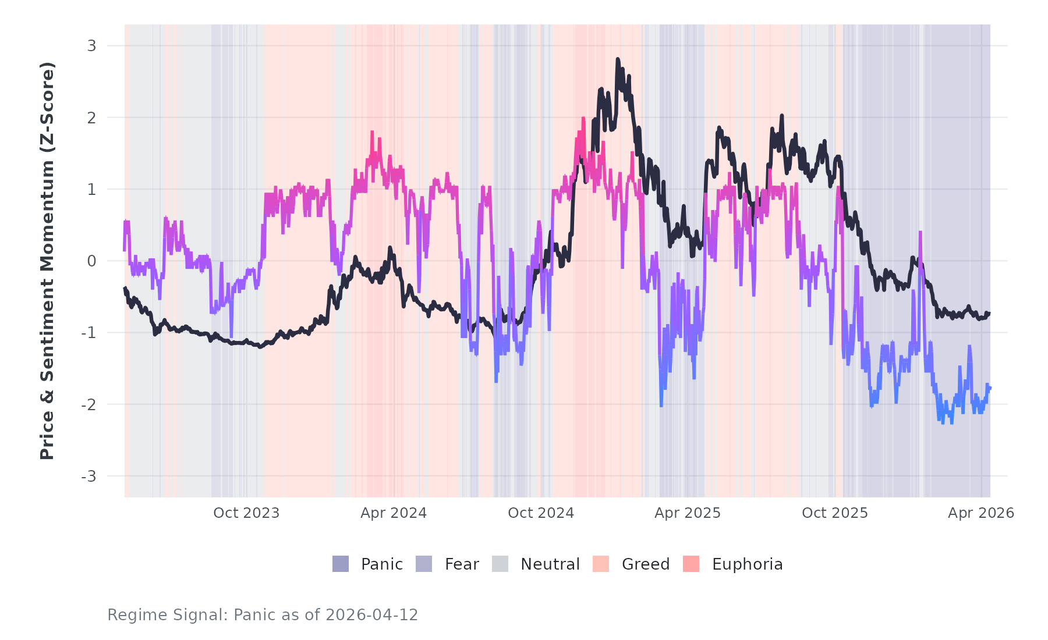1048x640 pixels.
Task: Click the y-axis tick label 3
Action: [x=91, y=46]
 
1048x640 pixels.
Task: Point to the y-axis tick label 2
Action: [x=91, y=118]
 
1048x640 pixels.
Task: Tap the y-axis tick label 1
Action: [x=91, y=190]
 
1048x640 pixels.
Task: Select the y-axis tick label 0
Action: [x=91, y=261]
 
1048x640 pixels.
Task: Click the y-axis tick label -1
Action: [x=88, y=333]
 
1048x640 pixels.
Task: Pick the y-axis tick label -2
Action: [x=88, y=405]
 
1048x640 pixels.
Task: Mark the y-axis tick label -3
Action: [x=88, y=477]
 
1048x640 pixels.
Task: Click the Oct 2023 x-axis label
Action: [x=246, y=513]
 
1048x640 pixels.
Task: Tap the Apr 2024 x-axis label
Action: [x=394, y=513]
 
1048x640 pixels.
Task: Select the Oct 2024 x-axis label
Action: [x=541, y=513]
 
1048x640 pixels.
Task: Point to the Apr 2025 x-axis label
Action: [x=688, y=513]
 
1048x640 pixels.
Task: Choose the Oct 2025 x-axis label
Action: [x=835, y=513]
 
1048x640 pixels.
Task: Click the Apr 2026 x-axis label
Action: [x=981, y=513]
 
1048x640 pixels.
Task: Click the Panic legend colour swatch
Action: [x=341, y=564]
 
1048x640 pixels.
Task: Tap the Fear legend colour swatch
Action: [x=424, y=564]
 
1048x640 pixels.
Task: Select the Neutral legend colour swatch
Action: [x=500, y=564]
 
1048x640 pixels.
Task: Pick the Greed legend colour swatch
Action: [x=601, y=564]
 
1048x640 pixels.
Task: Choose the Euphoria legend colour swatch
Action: [x=691, y=564]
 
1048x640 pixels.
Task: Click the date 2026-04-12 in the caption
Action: [x=371, y=615]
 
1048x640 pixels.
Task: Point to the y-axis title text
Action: [x=47, y=261]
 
